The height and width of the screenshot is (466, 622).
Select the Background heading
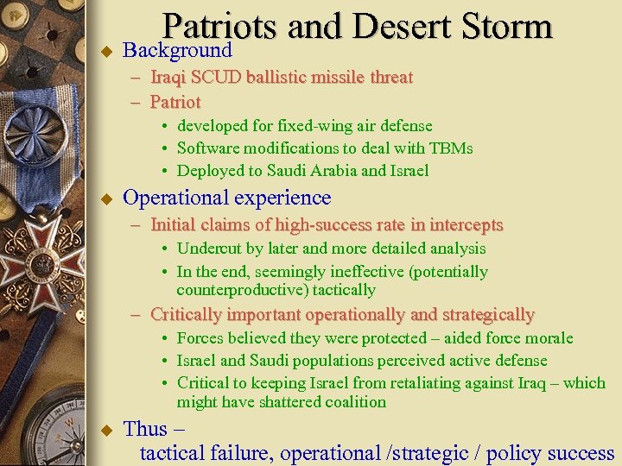click(x=177, y=50)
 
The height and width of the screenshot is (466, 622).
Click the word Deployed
click(x=211, y=170)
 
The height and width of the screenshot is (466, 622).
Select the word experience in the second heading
click(x=283, y=198)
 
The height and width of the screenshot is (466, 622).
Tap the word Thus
click(x=145, y=429)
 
